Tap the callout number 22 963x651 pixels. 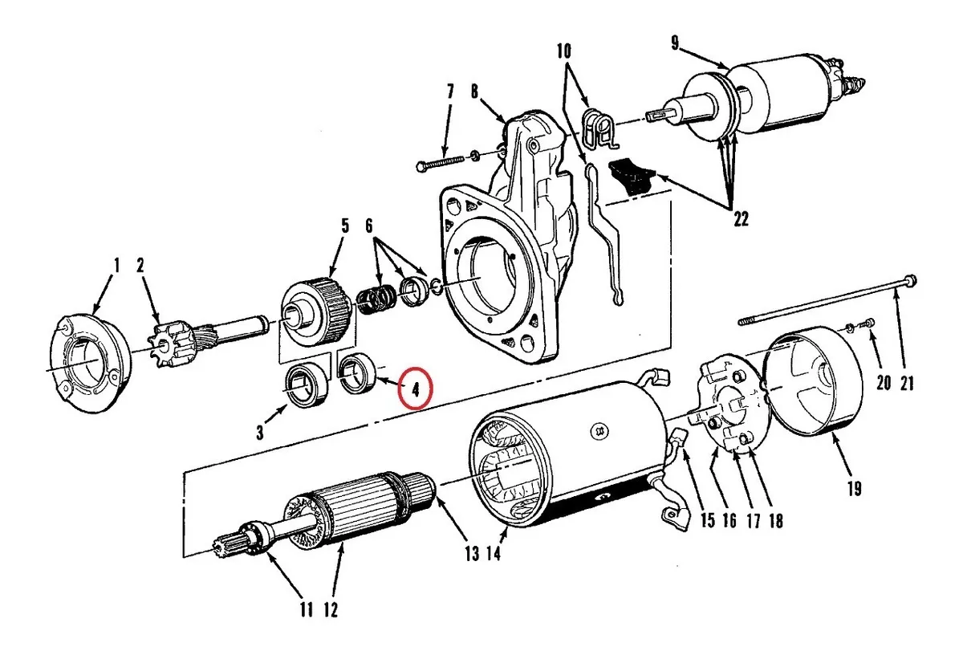pyautogui.click(x=741, y=219)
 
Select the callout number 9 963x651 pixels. pyautogui.click(x=675, y=43)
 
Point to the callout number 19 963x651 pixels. pyautogui.click(x=854, y=489)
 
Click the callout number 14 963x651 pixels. pyautogui.click(x=494, y=553)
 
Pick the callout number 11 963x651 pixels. pyautogui.click(x=306, y=610)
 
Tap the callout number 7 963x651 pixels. pyautogui.click(x=450, y=92)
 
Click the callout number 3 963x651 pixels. pyautogui.click(x=260, y=432)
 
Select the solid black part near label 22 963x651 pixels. pyautogui.click(x=630, y=177)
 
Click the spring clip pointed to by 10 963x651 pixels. pyautogui.click(x=599, y=128)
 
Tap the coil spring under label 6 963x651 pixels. pyautogui.click(x=377, y=298)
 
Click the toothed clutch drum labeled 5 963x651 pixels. pyautogui.click(x=317, y=311)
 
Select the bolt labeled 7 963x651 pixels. pyautogui.click(x=441, y=162)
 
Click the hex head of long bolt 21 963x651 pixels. pyautogui.click(x=910, y=281)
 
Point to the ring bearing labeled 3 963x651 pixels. pyautogui.click(x=306, y=385)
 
